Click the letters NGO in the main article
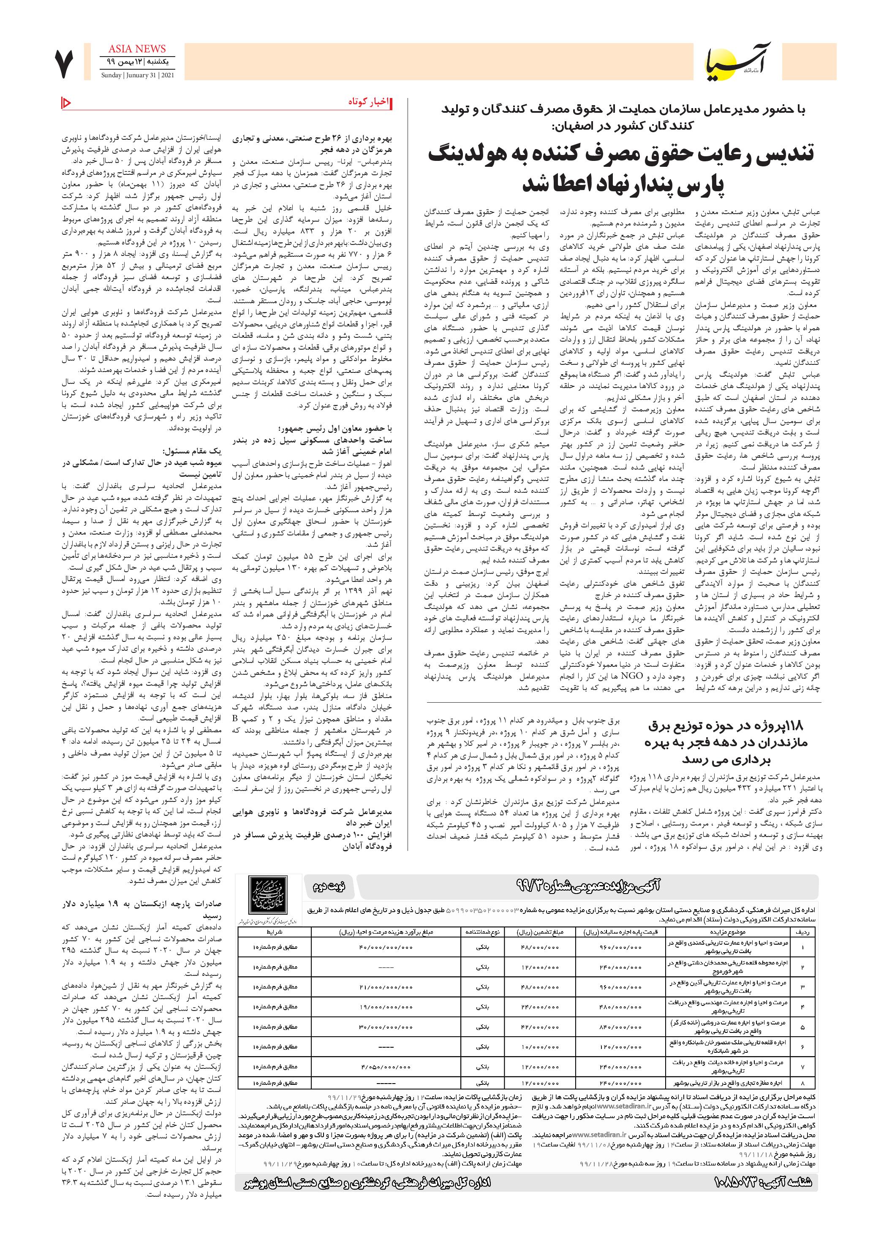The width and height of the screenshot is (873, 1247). point(636,676)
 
